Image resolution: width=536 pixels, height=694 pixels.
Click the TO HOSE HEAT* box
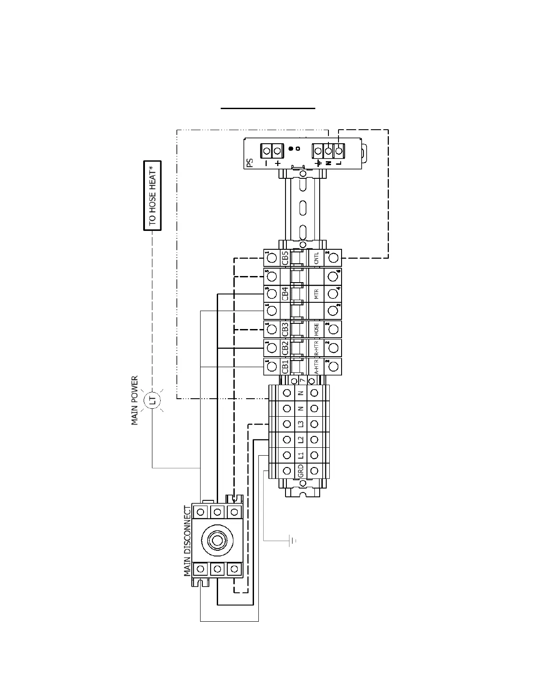(152, 195)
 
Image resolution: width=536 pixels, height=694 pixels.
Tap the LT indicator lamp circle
(152, 400)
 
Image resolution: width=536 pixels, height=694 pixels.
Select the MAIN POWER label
(135, 400)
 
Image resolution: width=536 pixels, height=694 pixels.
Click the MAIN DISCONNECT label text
(188, 541)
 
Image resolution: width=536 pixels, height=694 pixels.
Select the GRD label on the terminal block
(300, 471)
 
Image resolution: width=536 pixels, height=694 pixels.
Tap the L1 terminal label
(300, 455)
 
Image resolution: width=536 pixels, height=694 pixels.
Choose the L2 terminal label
(300, 439)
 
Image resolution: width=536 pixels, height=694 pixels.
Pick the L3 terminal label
(300, 424)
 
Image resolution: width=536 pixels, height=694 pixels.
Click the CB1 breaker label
(285, 367)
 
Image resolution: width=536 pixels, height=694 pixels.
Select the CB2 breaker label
(285, 348)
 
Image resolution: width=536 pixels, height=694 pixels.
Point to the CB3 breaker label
(285, 329)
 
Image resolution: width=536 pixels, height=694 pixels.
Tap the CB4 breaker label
(285, 294)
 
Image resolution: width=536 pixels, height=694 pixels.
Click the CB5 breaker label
(285, 258)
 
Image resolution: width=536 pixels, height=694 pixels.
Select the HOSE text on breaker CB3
(316, 329)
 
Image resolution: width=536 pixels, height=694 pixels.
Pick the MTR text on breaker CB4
(316, 294)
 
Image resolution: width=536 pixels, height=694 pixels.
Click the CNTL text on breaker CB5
(316, 258)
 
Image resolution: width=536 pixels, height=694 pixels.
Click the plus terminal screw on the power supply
(277, 151)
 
